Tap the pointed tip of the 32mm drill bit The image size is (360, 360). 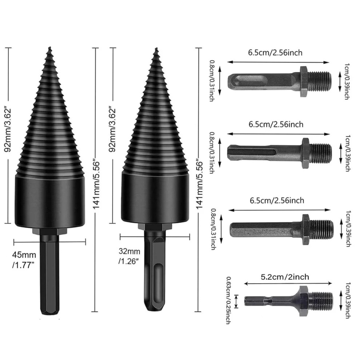coord(156,50)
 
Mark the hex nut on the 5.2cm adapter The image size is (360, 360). coord(304,297)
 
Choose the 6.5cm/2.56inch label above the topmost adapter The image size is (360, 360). coord(275,52)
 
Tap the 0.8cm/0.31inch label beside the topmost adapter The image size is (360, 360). coord(212,80)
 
